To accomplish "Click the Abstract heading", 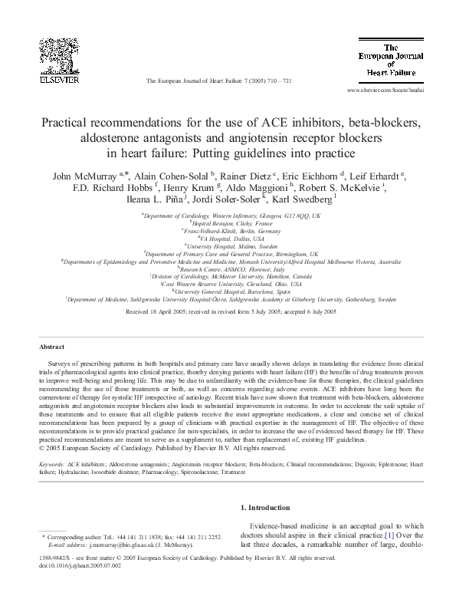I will point(51,347).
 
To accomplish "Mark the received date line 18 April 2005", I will point(228,312).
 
